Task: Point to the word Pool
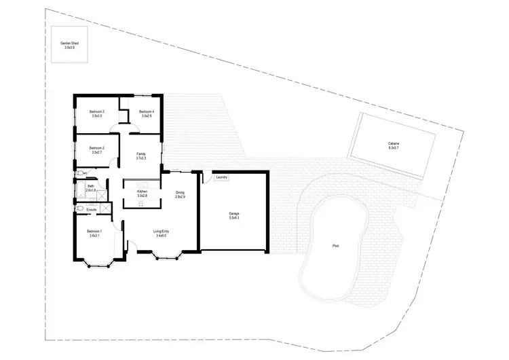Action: (x=335, y=245)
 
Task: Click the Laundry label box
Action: (x=221, y=178)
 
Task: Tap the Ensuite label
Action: (x=91, y=210)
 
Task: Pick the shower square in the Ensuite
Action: (x=105, y=209)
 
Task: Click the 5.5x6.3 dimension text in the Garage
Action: (x=233, y=218)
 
